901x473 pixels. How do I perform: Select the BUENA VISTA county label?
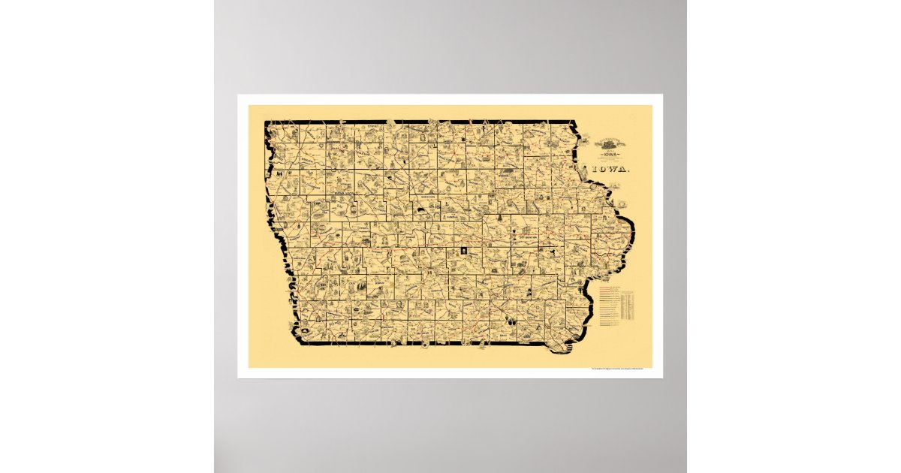[342, 192]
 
